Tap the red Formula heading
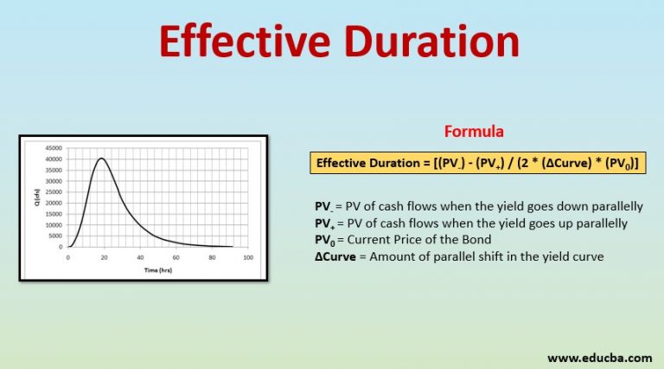(473, 132)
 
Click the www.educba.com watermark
(600, 356)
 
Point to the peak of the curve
(102, 159)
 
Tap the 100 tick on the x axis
(247, 258)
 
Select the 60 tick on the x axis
(176, 258)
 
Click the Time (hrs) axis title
(157, 269)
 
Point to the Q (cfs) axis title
(36, 197)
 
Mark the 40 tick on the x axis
(139, 258)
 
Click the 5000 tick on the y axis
(54, 236)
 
